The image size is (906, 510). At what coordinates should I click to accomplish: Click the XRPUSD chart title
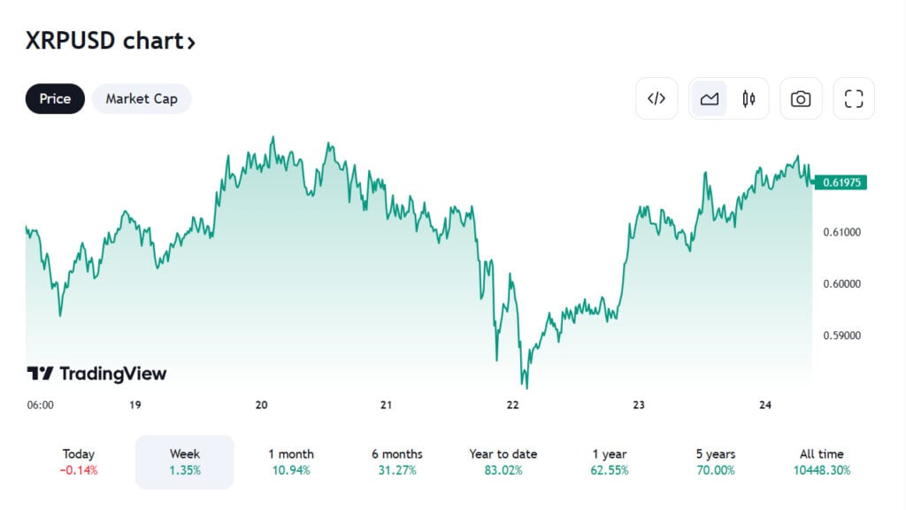click(110, 41)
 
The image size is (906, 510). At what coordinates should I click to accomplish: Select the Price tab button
click(55, 99)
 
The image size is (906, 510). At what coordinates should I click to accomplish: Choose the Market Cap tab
click(142, 99)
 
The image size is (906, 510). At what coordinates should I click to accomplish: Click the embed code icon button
click(656, 99)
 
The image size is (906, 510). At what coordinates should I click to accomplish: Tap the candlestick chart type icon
click(749, 99)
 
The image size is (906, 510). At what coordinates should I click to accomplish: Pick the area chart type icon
click(709, 99)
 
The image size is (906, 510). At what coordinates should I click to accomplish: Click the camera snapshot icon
click(800, 99)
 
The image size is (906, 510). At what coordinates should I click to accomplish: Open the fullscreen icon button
click(853, 99)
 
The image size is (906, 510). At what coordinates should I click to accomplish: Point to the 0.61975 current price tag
click(843, 182)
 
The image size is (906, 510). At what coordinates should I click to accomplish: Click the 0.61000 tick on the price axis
click(842, 232)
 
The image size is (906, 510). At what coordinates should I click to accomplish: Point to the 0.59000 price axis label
click(842, 336)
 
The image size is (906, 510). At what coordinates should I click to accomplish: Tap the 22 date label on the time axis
click(512, 405)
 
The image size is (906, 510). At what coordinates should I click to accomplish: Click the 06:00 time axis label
click(41, 405)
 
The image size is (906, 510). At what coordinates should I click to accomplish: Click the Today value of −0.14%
click(79, 470)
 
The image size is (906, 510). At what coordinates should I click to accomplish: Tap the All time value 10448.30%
click(822, 470)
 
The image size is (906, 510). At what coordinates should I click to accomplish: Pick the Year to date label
click(503, 454)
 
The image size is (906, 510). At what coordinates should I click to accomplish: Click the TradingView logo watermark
click(96, 374)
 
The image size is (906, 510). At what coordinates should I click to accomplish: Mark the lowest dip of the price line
click(526, 387)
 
